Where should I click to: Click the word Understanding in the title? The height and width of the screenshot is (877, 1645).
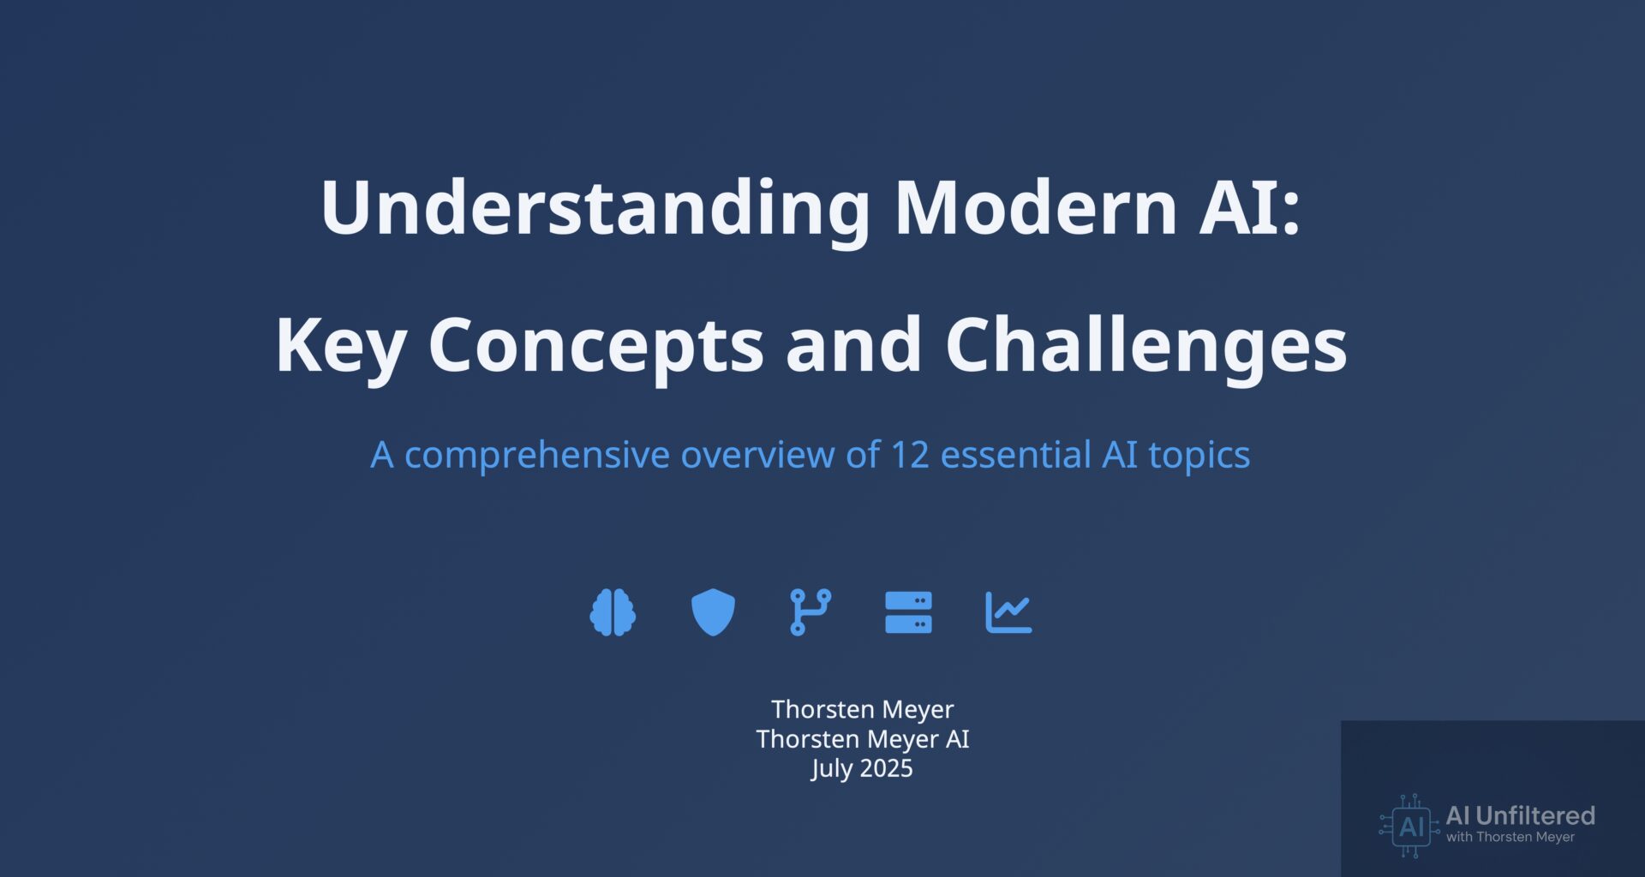point(595,209)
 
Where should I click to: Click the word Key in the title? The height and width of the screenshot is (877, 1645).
point(340,347)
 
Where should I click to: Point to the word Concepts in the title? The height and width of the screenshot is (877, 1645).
point(595,348)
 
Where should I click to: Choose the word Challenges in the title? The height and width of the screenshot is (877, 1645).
point(1146,346)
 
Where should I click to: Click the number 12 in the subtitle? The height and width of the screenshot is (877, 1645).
point(910,455)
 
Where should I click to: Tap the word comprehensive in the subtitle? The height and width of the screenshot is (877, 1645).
point(536,456)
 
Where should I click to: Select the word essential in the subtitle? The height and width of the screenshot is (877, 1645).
point(1015,454)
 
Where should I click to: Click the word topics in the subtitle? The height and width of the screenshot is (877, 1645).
point(1199,456)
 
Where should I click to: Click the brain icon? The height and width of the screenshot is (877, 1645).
point(613,613)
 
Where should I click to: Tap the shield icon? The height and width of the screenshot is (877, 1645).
point(713,613)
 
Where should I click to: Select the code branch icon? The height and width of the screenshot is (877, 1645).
point(811,612)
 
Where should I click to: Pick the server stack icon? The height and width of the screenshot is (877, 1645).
point(908,613)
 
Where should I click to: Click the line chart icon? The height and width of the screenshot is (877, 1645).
point(1008,613)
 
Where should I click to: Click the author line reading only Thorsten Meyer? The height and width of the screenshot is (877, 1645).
point(862,710)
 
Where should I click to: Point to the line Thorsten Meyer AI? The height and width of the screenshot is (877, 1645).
point(862,739)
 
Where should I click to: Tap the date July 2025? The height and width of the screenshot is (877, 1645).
point(862,768)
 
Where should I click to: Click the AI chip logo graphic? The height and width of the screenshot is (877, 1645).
point(1409,826)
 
